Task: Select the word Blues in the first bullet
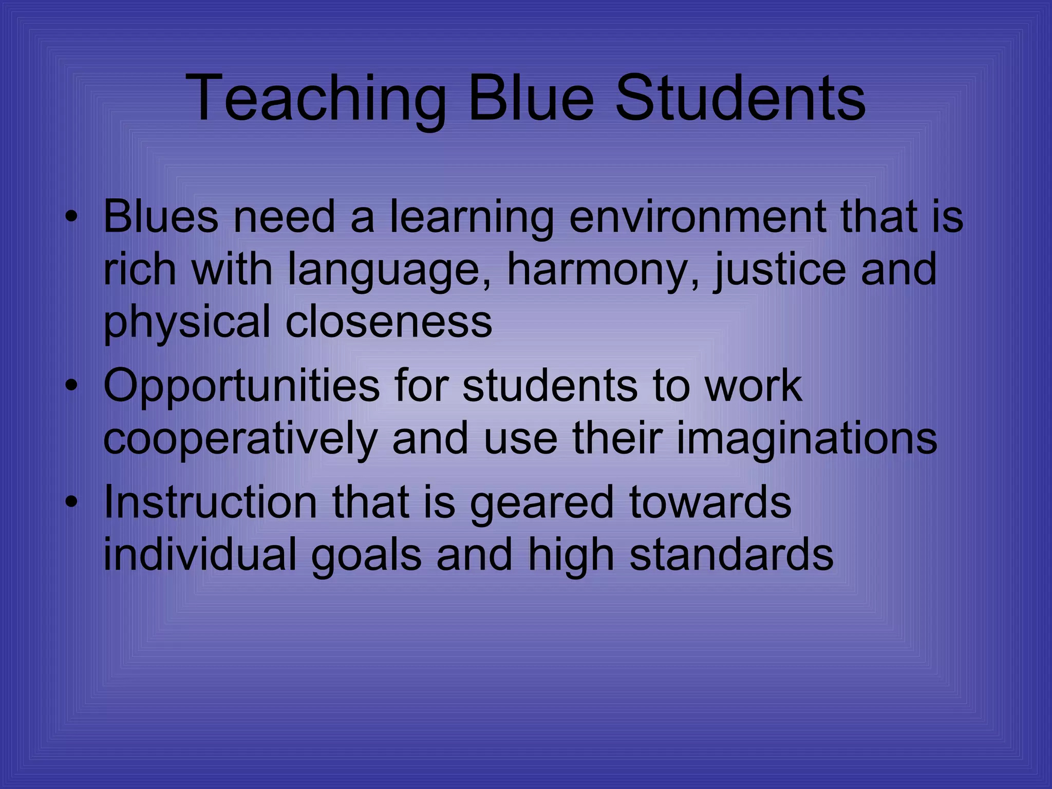(161, 216)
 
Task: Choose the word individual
(200, 554)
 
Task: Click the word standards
(731, 554)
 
